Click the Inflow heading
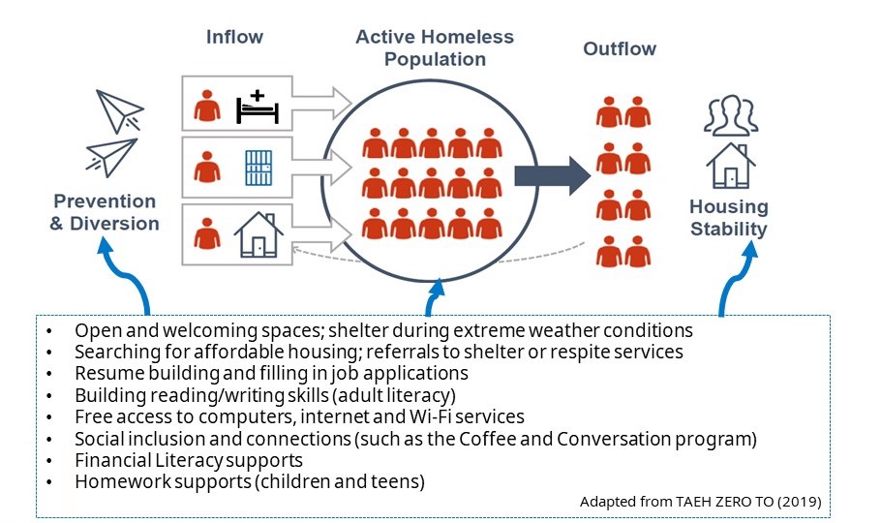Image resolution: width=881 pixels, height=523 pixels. click(x=234, y=37)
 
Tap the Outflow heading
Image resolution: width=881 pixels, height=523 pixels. click(x=620, y=49)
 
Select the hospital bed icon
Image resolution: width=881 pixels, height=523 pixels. click(x=258, y=107)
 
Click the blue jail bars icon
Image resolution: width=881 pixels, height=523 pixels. click(x=258, y=168)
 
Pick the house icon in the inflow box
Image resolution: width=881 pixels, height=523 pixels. click(x=258, y=234)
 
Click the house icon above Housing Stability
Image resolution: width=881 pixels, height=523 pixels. click(x=730, y=166)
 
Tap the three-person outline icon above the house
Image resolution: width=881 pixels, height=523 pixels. click(x=730, y=115)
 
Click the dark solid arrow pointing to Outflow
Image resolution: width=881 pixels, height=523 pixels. click(x=552, y=175)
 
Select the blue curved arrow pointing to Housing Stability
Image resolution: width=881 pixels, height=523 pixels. click(x=733, y=277)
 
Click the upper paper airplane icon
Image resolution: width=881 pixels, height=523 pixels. click(x=120, y=110)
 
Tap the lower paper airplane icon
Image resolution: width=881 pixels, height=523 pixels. click(x=111, y=157)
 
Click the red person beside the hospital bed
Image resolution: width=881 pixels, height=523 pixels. click(x=207, y=106)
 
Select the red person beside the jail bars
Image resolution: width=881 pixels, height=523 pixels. click(x=207, y=167)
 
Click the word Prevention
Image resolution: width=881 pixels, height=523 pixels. click(x=105, y=201)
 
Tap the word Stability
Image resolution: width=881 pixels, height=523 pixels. click(x=728, y=229)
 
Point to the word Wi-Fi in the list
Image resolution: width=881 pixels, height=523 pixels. click(x=429, y=416)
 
